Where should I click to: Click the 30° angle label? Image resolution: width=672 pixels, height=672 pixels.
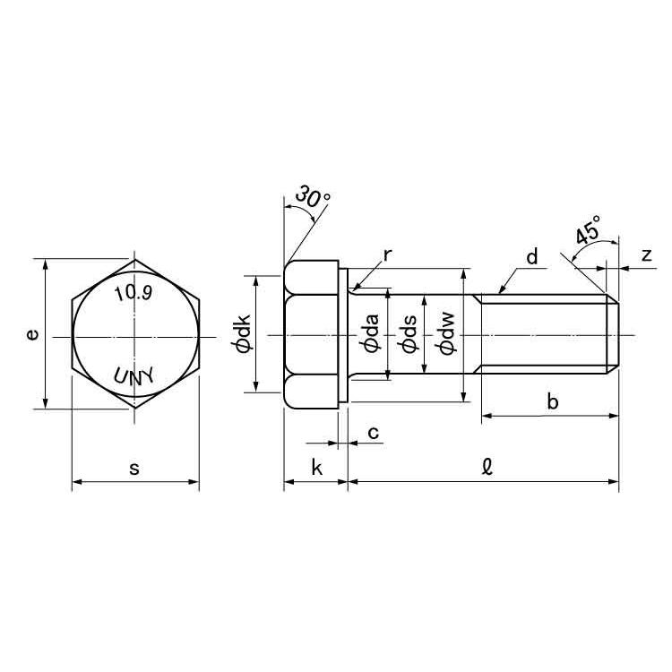(313, 196)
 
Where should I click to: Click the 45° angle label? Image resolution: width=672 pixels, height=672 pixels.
(589, 230)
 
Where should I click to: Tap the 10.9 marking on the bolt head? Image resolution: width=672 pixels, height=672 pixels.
(133, 293)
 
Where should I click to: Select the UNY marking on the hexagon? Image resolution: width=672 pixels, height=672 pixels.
(134, 375)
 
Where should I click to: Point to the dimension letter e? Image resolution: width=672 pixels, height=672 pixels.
(31, 334)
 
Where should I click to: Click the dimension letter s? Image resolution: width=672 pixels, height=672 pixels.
(134, 468)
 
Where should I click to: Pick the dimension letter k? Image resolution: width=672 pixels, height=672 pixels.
(316, 467)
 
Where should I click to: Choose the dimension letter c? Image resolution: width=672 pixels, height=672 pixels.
(374, 433)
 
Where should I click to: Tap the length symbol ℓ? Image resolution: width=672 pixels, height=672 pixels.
(487, 466)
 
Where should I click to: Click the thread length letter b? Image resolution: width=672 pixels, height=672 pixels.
(553, 401)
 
